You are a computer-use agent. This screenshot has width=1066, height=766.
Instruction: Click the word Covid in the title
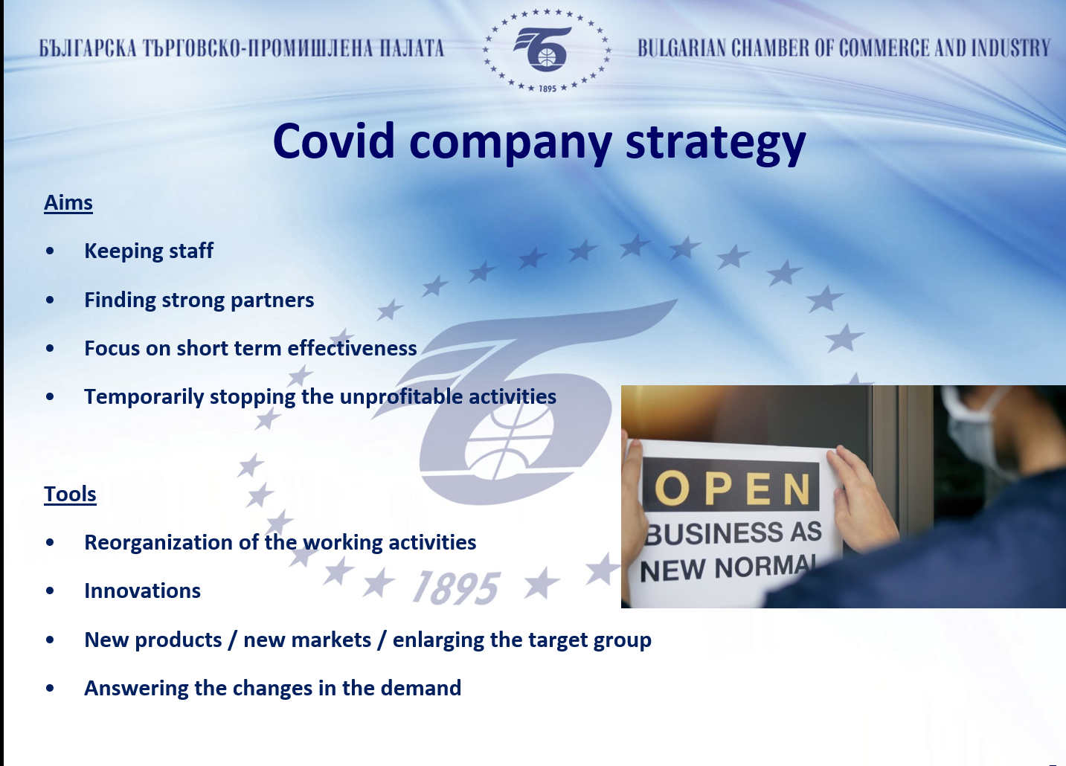(x=334, y=141)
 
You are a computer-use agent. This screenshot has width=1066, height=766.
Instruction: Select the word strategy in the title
(x=716, y=144)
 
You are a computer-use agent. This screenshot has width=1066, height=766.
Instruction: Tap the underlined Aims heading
(x=68, y=203)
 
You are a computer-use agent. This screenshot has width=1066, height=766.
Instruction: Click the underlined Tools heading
(x=70, y=494)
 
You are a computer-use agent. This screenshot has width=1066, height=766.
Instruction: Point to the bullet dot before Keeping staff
(x=50, y=251)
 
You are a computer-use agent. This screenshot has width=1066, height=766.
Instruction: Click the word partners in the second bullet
(x=272, y=300)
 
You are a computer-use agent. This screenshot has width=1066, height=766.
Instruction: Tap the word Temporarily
(x=144, y=397)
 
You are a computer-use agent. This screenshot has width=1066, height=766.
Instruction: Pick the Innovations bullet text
(x=142, y=591)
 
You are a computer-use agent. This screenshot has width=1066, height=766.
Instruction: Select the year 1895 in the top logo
(x=548, y=88)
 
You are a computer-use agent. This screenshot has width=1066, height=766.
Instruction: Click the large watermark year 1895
(x=456, y=588)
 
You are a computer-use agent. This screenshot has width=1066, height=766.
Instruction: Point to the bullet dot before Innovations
(x=50, y=590)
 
